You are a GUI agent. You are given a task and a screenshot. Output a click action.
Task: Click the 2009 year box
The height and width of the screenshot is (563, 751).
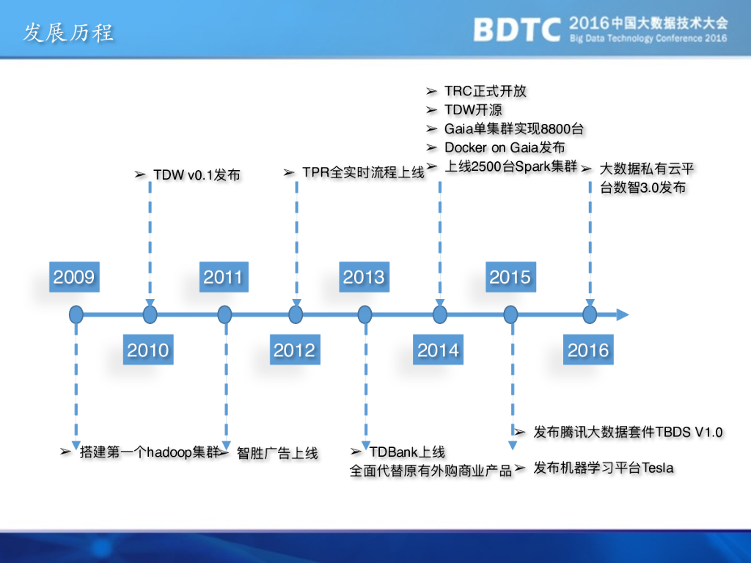pyautogui.click(x=74, y=276)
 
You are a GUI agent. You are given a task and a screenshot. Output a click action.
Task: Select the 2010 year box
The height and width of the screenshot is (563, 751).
pyautogui.click(x=148, y=350)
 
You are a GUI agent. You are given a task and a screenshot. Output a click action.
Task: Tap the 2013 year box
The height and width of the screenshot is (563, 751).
pyautogui.click(x=364, y=276)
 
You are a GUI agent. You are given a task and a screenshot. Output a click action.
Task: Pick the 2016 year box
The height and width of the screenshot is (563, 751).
pyautogui.click(x=588, y=350)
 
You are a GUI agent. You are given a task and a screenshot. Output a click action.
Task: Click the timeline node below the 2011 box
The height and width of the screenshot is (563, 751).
pyautogui.click(x=224, y=315)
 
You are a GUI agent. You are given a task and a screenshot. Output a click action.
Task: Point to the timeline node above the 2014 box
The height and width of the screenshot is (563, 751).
pyautogui.click(x=440, y=315)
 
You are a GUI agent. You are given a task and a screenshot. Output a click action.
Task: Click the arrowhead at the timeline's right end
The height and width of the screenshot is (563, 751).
pyautogui.click(x=622, y=314)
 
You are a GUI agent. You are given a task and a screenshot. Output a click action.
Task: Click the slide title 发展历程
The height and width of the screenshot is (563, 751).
pyautogui.click(x=68, y=33)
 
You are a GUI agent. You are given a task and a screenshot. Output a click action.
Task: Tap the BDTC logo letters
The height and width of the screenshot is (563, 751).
pyautogui.click(x=517, y=29)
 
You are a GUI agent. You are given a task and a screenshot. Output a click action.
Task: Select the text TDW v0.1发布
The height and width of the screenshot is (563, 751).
pyautogui.click(x=197, y=174)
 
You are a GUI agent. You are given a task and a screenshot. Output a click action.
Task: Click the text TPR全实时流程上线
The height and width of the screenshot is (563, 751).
pyautogui.click(x=364, y=172)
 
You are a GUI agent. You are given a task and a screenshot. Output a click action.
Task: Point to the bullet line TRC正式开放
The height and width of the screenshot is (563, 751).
pyautogui.click(x=486, y=91)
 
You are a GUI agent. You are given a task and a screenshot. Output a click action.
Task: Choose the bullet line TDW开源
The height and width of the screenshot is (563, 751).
pyautogui.click(x=473, y=110)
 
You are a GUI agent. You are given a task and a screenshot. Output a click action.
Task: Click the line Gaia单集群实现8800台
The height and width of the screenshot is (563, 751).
pyautogui.click(x=514, y=129)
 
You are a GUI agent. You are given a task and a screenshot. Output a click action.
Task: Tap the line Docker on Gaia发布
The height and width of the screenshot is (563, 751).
pyautogui.click(x=505, y=147)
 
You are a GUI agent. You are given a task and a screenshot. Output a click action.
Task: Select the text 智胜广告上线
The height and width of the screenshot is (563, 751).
pyautogui.click(x=277, y=453)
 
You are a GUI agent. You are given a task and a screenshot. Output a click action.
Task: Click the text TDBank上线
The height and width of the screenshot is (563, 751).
pyautogui.click(x=407, y=452)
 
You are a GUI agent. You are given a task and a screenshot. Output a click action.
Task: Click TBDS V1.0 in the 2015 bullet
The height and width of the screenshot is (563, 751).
pyautogui.click(x=689, y=433)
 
